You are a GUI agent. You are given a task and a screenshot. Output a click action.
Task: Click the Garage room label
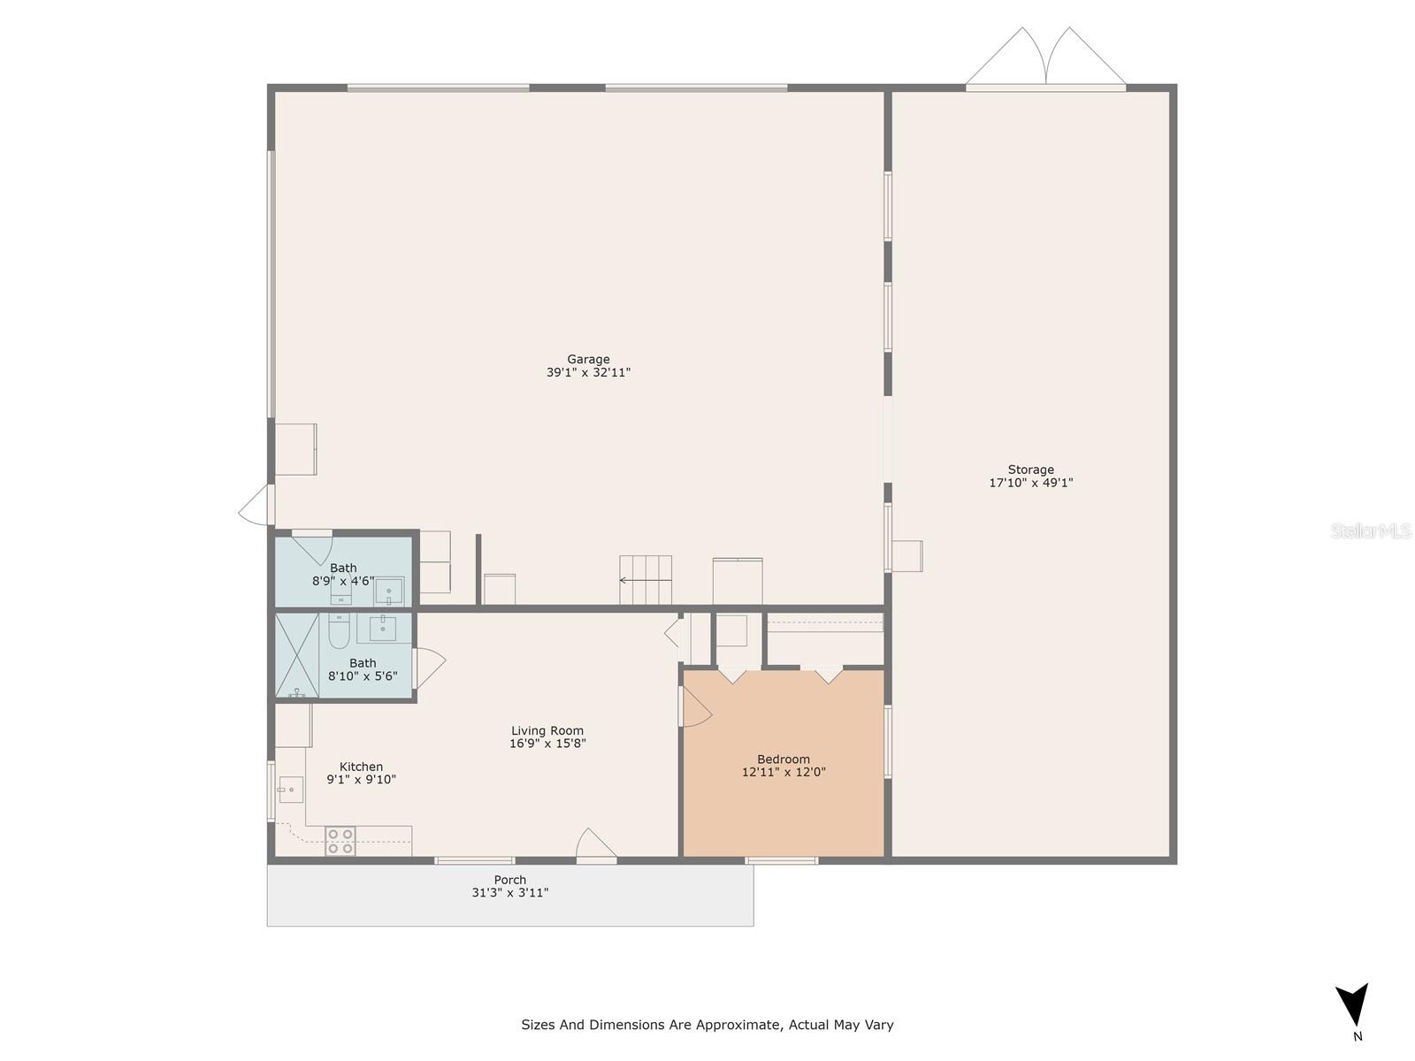click(x=588, y=360)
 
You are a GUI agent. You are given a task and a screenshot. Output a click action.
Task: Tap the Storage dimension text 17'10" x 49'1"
click(x=1030, y=483)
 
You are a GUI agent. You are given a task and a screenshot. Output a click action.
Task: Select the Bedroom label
click(x=784, y=759)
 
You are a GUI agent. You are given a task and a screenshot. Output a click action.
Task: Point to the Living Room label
click(x=547, y=730)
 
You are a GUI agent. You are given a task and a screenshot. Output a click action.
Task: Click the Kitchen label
click(x=361, y=767)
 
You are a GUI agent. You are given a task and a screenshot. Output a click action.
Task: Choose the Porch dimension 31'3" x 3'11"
click(x=510, y=892)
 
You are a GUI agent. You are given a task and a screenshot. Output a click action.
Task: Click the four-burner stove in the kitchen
click(x=340, y=841)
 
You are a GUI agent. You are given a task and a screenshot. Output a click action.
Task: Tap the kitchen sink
click(x=291, y=790)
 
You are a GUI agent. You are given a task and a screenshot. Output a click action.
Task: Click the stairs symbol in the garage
click(x=646, y=580)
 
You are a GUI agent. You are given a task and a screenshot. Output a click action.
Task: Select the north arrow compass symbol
click(x=1352, y=1005)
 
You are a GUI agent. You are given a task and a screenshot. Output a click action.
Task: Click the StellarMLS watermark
click(x=1371, y=530)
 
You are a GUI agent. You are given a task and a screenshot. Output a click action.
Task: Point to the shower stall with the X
click(x=297, y=655)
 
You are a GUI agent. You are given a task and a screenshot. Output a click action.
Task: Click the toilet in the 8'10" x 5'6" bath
click(x=339, y=630)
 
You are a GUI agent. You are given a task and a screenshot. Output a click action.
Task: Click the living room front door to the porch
click(x=596, y=843)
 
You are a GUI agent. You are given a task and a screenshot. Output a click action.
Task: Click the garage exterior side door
click(x=256, y=504)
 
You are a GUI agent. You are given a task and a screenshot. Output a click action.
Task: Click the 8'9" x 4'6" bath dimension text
click(x=343, y=580)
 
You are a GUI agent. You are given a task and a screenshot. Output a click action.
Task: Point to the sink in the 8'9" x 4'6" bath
click(x=389, y=591)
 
